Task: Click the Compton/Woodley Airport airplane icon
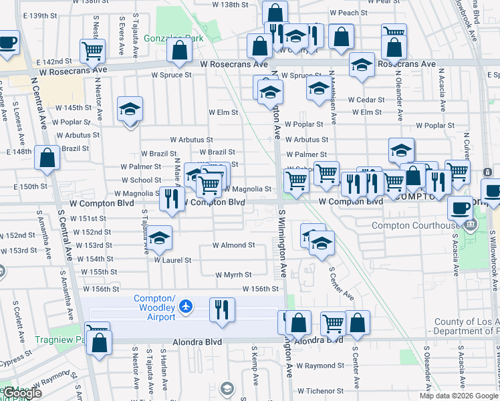(x=185, y=306)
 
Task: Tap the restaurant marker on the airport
(x=221, y=309)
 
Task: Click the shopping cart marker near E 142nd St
(x=92, y=50)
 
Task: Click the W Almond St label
(x=233, y=245)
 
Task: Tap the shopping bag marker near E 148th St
(x=47, y=158)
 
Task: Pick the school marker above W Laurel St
(x=159, y=237)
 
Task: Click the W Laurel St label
(x=173, y=260)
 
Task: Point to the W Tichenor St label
(x=320, y=391)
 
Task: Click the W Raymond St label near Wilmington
(x=320, y=366)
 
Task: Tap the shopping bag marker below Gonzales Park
(x=180, y=49)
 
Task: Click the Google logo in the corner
(x=23, y=394)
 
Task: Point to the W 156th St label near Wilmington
(x=260, y=289)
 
